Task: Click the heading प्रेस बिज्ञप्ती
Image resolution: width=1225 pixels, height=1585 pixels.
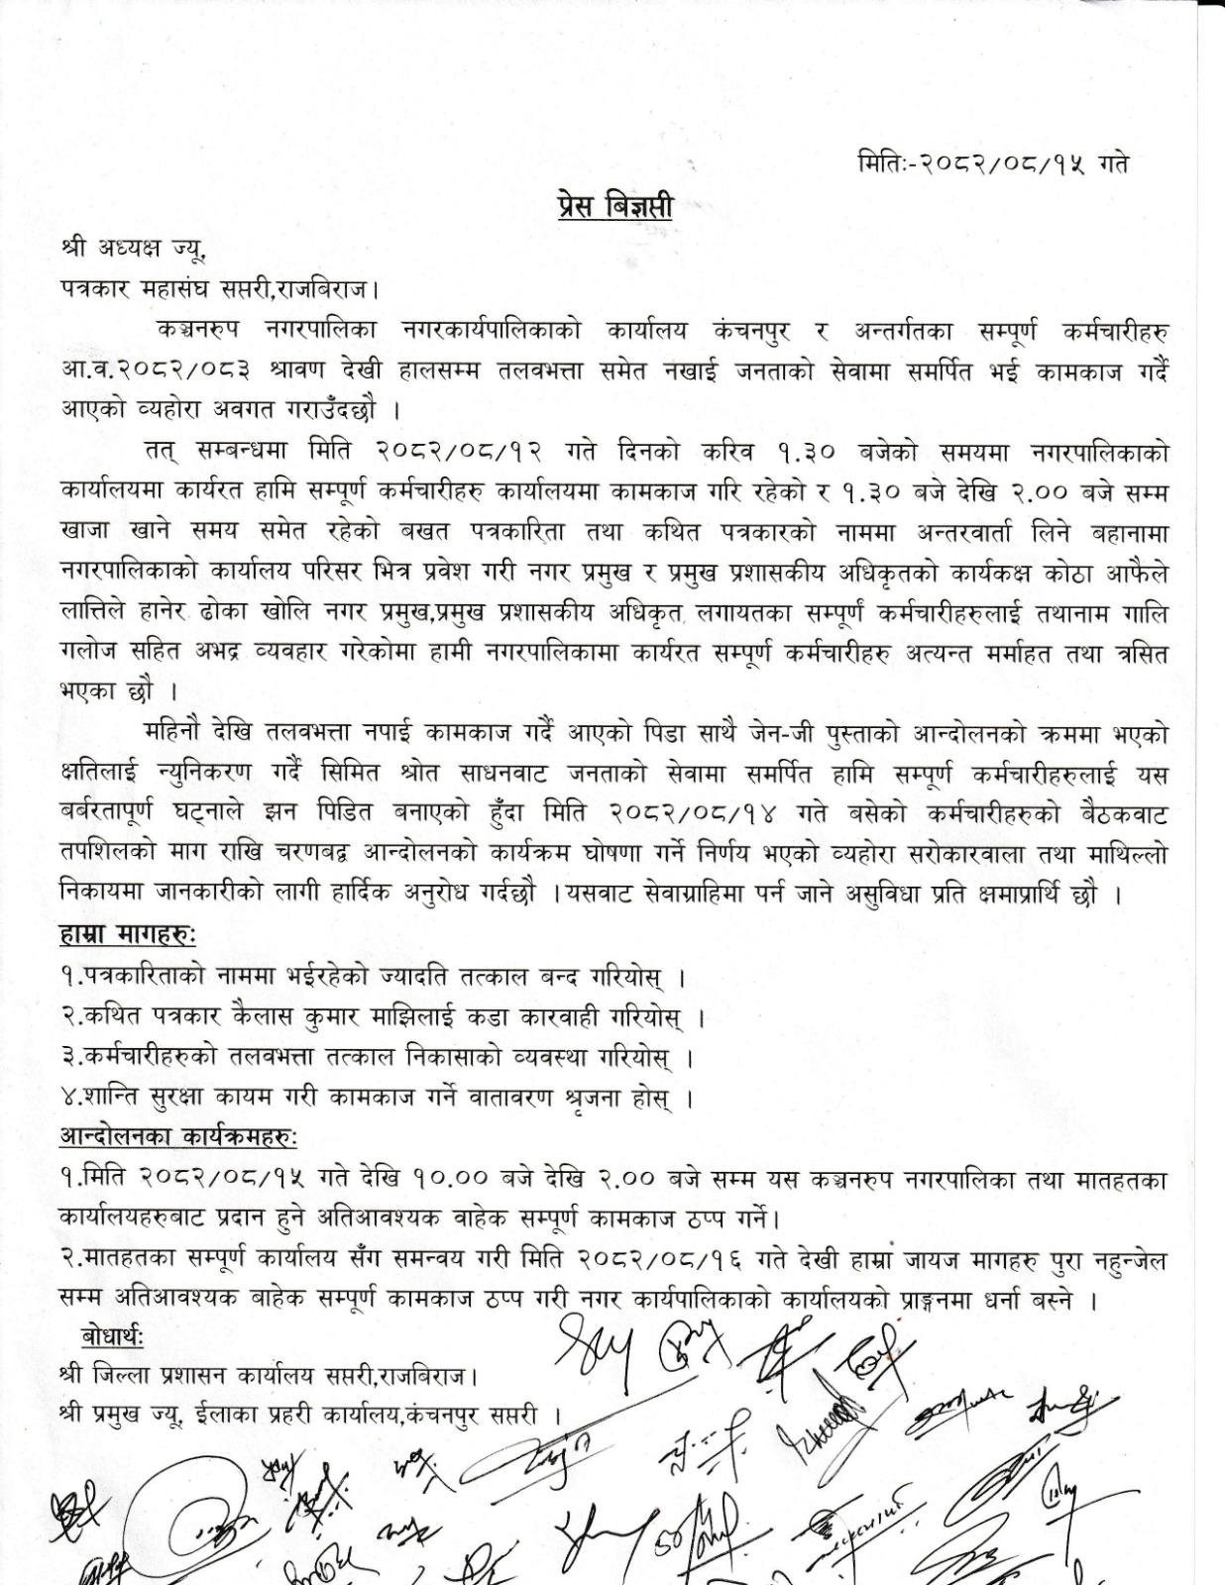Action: tap(612, 208)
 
